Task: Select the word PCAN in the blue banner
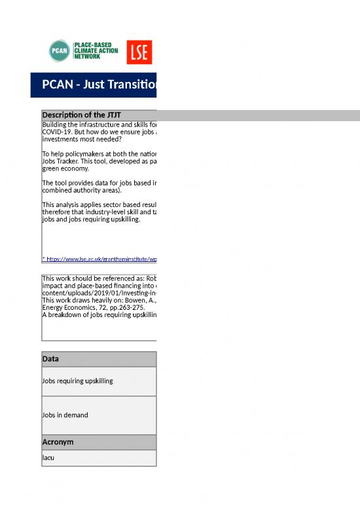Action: [x=56, y=85]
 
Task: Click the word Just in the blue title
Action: [x=94, y=85]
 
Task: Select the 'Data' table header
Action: [x=50, y=360]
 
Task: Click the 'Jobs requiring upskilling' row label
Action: [x=77, y=381]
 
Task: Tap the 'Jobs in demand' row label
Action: [x=65, y=415]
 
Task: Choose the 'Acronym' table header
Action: [x=58, y=442]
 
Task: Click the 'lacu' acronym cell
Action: [x=48, y=458]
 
